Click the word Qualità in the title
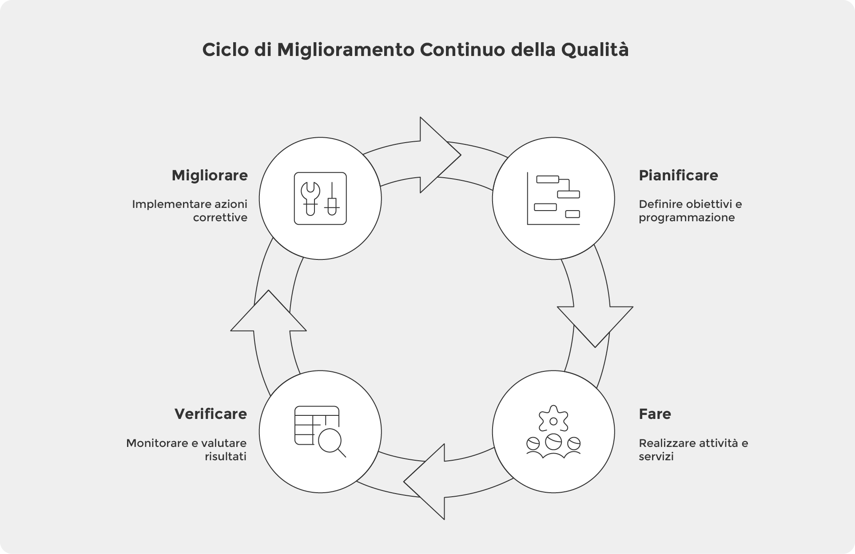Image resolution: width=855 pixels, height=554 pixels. click(x=595, y=50)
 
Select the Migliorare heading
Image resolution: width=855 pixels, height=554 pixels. click(x=210, y=175)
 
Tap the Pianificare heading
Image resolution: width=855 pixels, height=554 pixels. click(x=678, y=175)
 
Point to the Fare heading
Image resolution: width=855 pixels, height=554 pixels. click(x=655, y=414)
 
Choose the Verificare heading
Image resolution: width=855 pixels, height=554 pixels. click(x=211, y=414)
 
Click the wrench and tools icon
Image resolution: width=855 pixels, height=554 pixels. click(x=320, y=198)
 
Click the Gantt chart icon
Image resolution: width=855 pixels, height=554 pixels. click(x=553, y=198)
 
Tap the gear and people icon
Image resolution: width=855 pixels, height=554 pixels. click(x=553, y=431)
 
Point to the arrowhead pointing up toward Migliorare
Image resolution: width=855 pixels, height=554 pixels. click(x=268, y=313)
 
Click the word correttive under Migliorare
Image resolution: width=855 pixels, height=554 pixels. click(x=220, y=218)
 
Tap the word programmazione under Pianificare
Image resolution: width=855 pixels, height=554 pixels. click(x=687, y=218)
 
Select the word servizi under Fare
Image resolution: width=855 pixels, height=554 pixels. click(x=656, y=457)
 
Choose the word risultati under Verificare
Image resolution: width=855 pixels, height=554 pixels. click(x=225, y=457)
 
